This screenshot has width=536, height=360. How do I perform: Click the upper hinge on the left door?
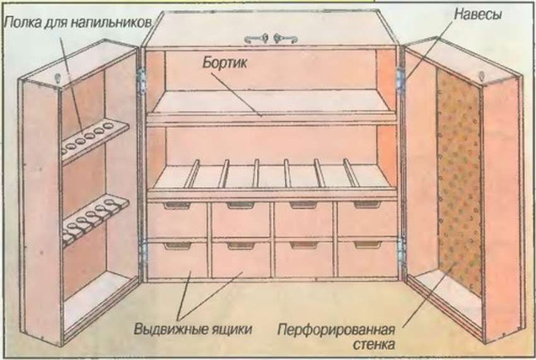point(143,81)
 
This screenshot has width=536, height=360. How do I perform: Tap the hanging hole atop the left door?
point(58,78)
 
